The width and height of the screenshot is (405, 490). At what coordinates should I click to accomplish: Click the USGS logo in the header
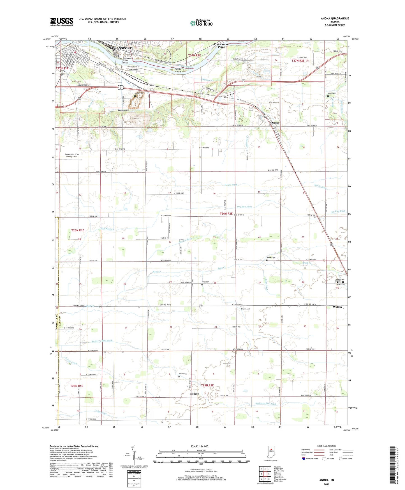(x=62, y=22)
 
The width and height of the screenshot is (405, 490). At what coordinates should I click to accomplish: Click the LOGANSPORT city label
(x=121, y=48)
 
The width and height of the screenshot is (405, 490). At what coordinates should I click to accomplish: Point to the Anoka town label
(x=275, y=123)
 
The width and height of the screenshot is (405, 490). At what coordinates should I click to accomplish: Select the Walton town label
(x=337, y=307)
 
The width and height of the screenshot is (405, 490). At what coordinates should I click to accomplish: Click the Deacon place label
(x=195, y=394)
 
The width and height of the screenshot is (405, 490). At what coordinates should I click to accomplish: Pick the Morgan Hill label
(x=123, y=111)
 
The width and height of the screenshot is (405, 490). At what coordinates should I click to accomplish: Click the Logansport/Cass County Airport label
(x=72, y=155)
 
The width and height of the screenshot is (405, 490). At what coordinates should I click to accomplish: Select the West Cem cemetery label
(x=205, y=282)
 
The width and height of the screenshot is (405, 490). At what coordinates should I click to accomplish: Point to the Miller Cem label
(x=183, y=374)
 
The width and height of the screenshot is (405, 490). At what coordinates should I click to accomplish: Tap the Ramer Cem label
(x=271, y=258)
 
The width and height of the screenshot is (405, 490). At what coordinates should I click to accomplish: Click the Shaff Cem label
(x=332, y=93)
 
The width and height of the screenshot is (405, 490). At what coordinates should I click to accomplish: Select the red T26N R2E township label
(x=226, y=214)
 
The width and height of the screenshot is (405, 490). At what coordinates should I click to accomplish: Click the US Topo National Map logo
(x=201, y=23)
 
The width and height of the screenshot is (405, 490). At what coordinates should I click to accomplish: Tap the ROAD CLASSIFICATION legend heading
(x=327, y=446)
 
